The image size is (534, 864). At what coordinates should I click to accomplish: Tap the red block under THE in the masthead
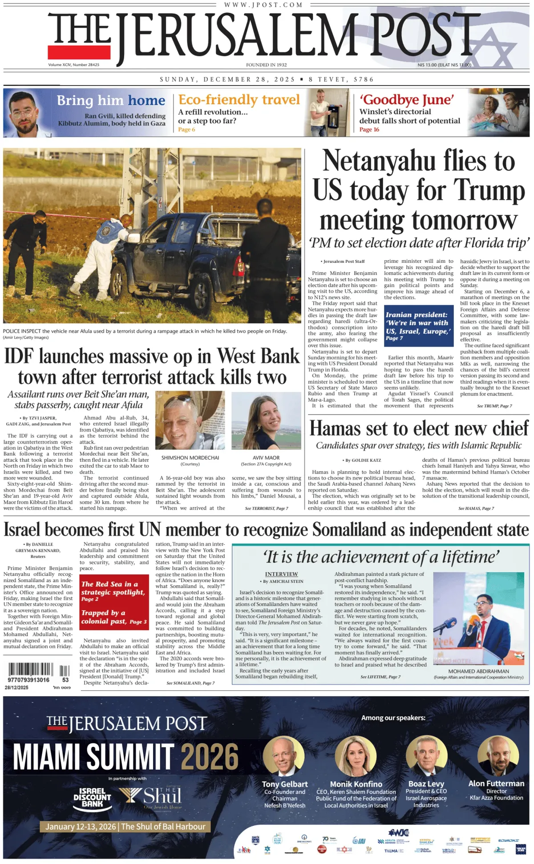pos(79,52)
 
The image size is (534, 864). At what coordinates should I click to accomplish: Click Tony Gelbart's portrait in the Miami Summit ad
pos(283,756)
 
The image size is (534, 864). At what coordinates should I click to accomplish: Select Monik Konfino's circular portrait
pos(356,756)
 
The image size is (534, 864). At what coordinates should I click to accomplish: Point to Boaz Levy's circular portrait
pos(426,756)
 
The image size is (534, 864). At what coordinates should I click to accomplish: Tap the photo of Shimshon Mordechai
pos(190,421)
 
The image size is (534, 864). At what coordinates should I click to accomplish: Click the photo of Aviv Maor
pos(266,421)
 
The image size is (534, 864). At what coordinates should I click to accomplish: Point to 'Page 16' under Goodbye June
pos(369,130)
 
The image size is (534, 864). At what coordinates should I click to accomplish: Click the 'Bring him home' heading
pos(111,101)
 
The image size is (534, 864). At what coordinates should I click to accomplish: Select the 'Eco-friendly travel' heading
pos(239,100)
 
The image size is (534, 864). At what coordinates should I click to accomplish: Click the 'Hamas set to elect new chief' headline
pos(419,428)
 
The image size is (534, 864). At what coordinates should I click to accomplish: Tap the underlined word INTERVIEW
pos(281,574)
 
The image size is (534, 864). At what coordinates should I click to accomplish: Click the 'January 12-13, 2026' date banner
pos(125,827)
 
